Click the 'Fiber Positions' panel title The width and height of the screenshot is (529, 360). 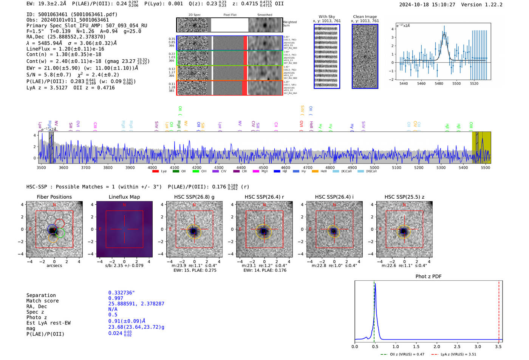coord(54,197)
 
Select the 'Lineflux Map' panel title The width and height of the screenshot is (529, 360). coord(124,197)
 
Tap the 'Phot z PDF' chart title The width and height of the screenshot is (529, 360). coord(428,276)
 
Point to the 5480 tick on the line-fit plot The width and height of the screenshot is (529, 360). coord(439,83)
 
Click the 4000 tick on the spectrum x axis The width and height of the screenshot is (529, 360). coord(152,167)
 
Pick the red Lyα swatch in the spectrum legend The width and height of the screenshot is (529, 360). coord(155,171)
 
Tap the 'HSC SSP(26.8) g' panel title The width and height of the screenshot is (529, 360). coord(194,197)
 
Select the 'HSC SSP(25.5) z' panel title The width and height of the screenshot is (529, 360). coord(404,197)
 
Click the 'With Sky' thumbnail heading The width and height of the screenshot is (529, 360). coord(326,17)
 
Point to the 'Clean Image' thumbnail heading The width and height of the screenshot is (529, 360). coord(365,17)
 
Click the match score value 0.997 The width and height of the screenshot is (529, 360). coord(116,298)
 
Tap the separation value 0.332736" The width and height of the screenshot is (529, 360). coord(122,293)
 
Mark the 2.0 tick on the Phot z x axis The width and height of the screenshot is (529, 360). coord(437,346)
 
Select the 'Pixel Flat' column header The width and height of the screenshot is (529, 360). coord(230,15)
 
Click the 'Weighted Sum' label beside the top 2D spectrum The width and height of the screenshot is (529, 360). coord(289,23)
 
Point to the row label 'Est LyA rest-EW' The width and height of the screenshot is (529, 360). coord(48,323)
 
